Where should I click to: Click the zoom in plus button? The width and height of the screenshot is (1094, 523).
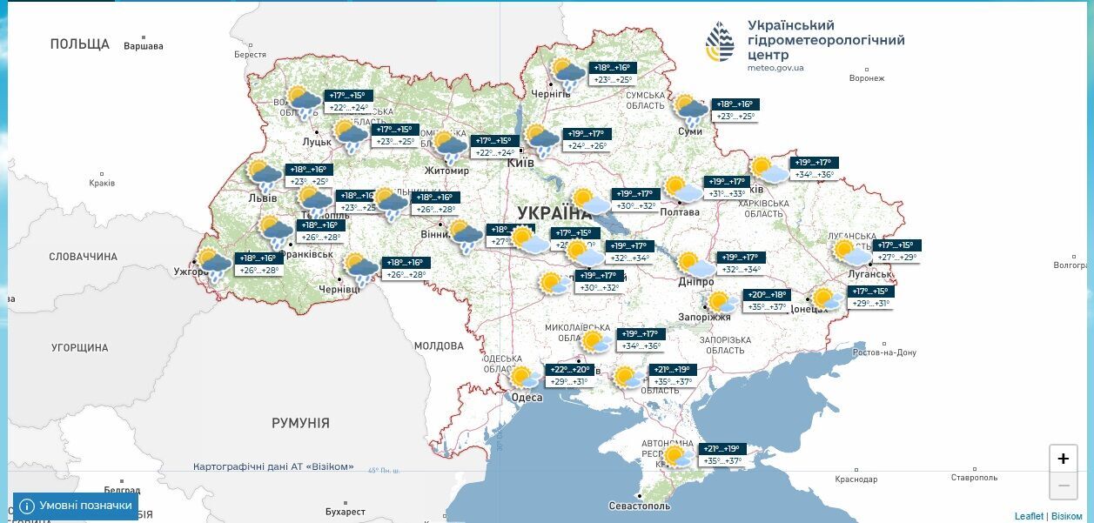click(x=1063, y=459)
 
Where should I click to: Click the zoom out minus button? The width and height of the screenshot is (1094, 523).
click(x=1063, y=485)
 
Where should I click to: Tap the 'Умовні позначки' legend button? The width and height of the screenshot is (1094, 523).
click(x=76, y=506)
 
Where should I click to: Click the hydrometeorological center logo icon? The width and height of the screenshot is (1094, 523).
click(x=720, y=43)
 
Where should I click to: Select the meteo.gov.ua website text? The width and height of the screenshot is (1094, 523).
click(x=775, y=67)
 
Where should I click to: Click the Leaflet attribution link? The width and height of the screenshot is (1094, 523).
click(x=1028, y=516)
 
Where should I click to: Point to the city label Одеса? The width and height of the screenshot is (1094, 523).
click(x=527, y=398)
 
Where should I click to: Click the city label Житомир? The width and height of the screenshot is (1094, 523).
click(x=446, y=171)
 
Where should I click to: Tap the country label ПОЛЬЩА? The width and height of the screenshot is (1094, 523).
click(x=80, y=44)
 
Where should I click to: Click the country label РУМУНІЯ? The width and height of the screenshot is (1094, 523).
click(x=300, y=423)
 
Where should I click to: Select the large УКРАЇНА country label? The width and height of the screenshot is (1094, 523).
click(x=554, y=213)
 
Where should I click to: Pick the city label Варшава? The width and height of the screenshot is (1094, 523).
click(x=144, y=46)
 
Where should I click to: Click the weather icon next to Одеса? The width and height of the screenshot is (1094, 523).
click(x=524, y=378)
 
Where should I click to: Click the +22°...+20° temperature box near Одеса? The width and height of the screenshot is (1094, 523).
click(x=569, y=370)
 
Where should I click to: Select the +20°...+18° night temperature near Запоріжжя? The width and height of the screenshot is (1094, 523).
click(x=766, y=295)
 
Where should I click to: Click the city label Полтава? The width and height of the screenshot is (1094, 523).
click(x=680, y=211)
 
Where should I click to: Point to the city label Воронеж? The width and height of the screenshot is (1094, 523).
click(x=866, y=78)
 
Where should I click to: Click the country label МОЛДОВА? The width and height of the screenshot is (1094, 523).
click(x=439, y=345)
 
